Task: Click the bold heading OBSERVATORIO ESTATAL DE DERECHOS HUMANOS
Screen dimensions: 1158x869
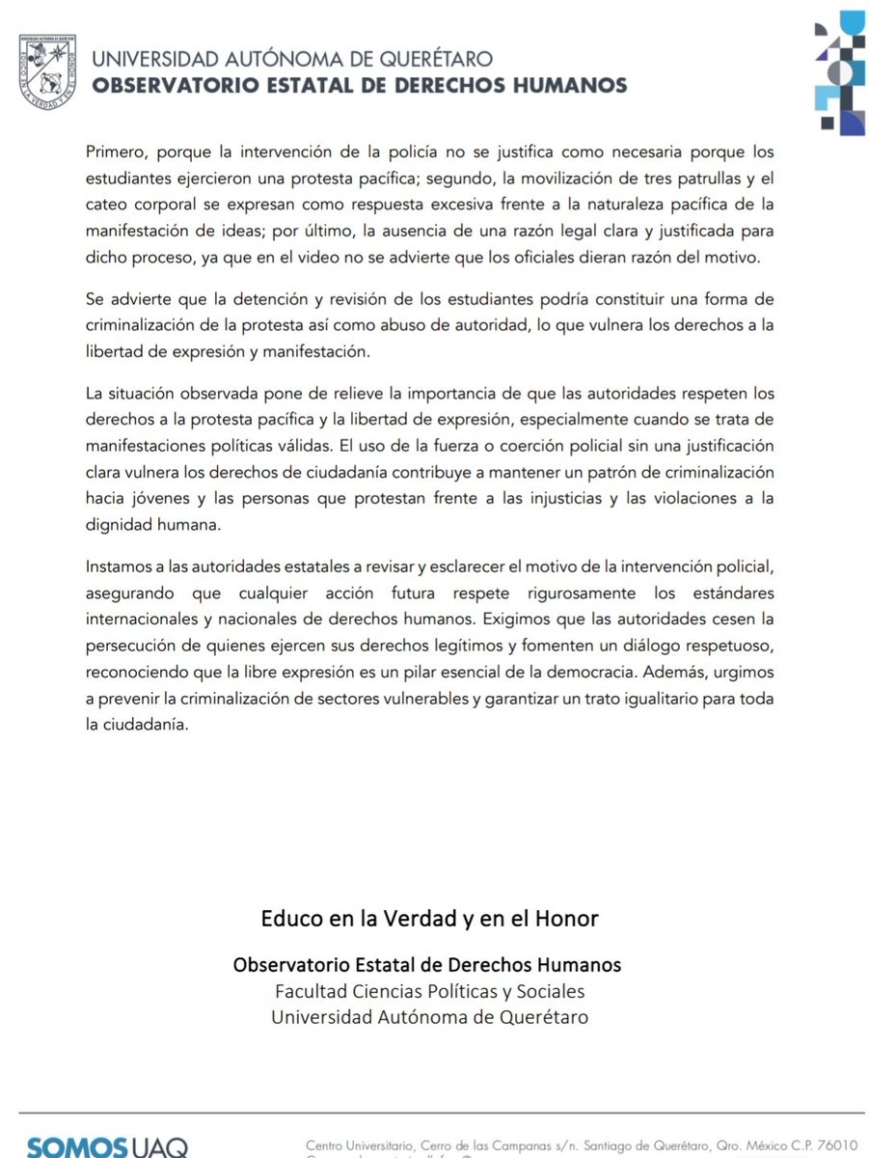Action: pyautogui.click(x=359, y=86)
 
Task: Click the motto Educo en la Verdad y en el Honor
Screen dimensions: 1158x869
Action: pyautogui.click(x=429, y=919)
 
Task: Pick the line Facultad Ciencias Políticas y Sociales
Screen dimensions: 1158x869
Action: pyautogui.click(x=429, y=991)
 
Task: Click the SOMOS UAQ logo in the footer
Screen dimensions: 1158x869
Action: pyautogui.click(x=107, y=1145)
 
